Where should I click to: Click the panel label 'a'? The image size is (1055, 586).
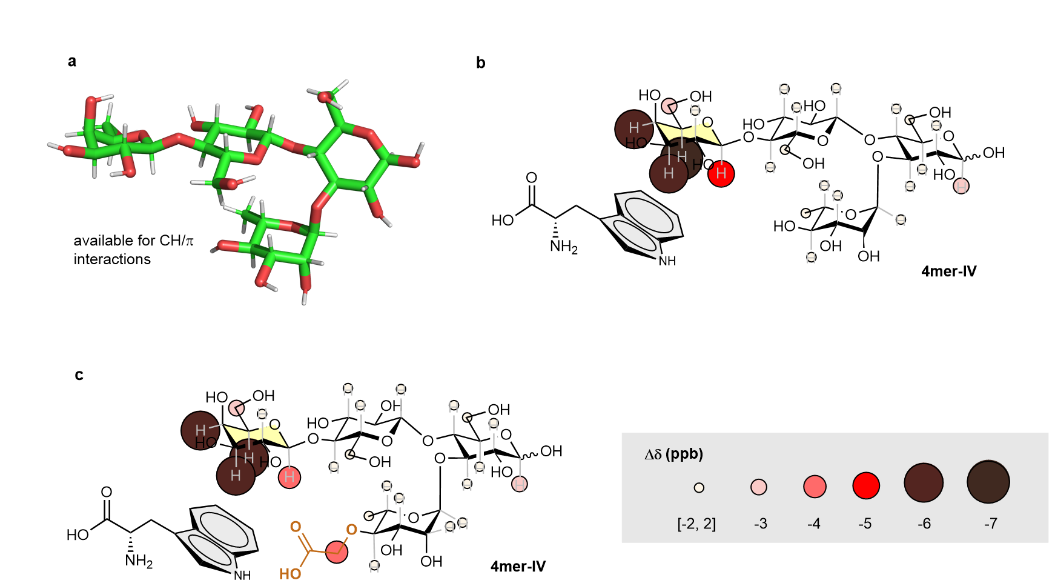click(72, 61)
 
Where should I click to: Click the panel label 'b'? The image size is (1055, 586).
click(480, 62)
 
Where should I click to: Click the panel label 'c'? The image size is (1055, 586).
click(79, 375)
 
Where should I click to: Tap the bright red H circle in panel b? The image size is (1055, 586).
click(721, 173)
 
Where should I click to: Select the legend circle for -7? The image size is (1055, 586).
click(988, 482)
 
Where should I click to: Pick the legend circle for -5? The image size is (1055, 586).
click(865, 485)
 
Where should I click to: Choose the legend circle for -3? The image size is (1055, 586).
click(758, 487)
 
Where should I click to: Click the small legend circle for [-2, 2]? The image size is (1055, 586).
click(699, 487)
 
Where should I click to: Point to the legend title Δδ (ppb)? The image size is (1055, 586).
click(673, 454)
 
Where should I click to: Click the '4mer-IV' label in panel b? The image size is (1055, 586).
click(948, 271)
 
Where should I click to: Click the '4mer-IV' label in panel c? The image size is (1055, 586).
click(518, 567)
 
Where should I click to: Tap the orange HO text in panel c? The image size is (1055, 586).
click(290, 573)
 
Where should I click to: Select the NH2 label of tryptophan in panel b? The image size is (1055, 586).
click(563, 247)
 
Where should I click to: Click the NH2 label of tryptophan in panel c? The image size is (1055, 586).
click(139, 562)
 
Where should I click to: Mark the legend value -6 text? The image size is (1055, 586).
click(924, 524)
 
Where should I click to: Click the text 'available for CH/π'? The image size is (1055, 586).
click(133, 241)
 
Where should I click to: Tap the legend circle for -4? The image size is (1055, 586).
click(815, 486)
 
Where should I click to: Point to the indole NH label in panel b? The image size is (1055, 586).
click(667, 261)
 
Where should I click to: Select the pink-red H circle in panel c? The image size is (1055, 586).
click(289, 477)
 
